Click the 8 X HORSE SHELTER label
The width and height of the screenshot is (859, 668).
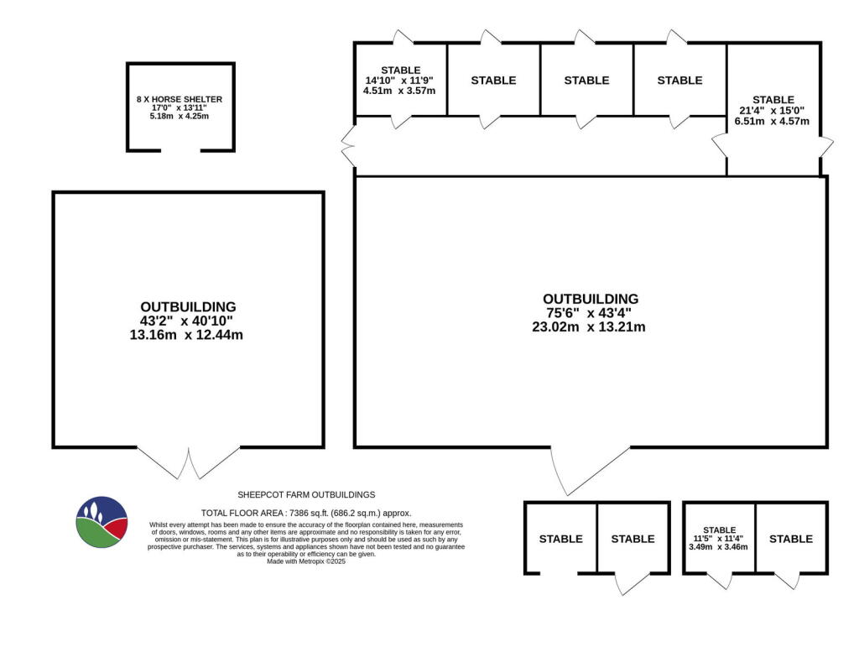180,99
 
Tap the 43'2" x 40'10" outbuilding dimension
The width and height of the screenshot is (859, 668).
188,321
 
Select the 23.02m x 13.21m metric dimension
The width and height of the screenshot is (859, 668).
590,327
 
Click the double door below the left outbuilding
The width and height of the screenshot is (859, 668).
188,462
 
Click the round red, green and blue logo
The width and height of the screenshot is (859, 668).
102,522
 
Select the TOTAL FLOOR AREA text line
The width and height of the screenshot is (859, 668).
306,513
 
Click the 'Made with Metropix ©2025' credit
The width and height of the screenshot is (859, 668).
306,561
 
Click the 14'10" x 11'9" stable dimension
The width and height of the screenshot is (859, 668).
399,81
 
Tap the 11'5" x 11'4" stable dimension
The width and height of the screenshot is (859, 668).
719,539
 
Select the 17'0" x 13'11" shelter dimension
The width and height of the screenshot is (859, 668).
180,107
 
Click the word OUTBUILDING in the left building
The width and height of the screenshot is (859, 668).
188,307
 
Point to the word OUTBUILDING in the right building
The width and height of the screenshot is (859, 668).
590,299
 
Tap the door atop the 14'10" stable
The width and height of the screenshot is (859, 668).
401,37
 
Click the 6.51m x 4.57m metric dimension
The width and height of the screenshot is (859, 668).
773,121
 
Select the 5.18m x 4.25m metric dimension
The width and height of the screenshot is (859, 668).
180,116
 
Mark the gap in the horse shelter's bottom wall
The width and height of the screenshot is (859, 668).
180,150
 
